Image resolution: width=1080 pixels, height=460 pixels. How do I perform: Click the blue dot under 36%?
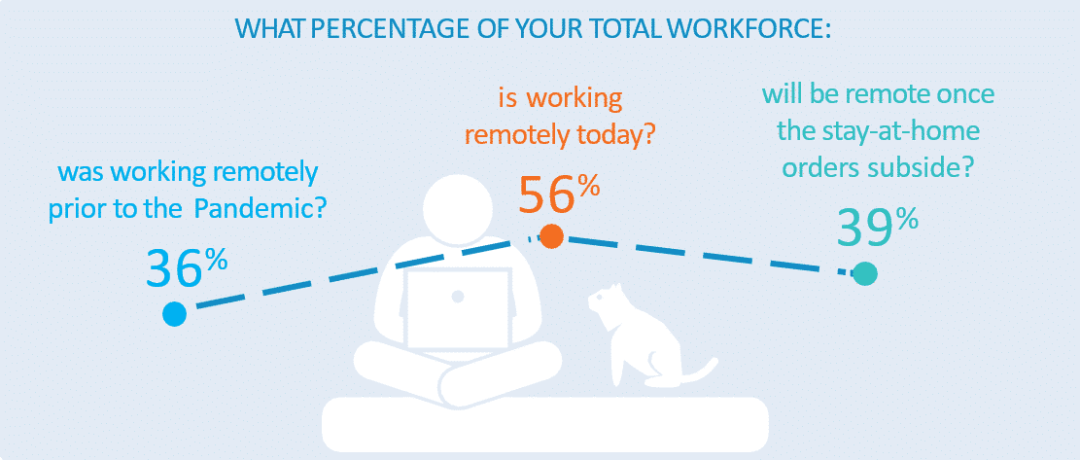point(174,314)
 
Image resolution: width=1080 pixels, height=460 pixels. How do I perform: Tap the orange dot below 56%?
point(552,236)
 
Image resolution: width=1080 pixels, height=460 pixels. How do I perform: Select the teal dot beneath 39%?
point(865,273)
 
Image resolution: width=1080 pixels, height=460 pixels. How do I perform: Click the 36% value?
point(186,267)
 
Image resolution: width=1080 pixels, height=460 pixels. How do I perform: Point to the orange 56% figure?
point(559,194)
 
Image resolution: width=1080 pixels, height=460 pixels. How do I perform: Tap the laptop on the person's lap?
point(459,311)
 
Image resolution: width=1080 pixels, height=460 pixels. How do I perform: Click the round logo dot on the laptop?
point(458,297)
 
